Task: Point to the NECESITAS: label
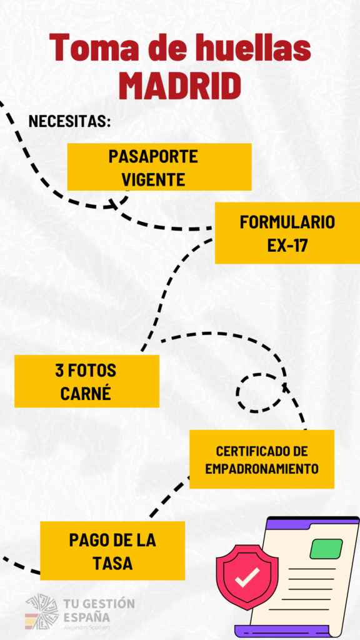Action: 70,121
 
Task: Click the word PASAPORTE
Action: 153,156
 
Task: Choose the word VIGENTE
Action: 154,179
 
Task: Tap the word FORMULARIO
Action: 287,222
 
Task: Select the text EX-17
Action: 287,246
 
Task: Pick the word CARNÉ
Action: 86,394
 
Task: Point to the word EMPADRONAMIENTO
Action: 262,469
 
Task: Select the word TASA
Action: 112,564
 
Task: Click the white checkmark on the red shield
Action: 247,576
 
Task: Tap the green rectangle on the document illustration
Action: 326,549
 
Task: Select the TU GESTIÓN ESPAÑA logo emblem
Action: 42,611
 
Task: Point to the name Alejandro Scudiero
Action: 86,627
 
